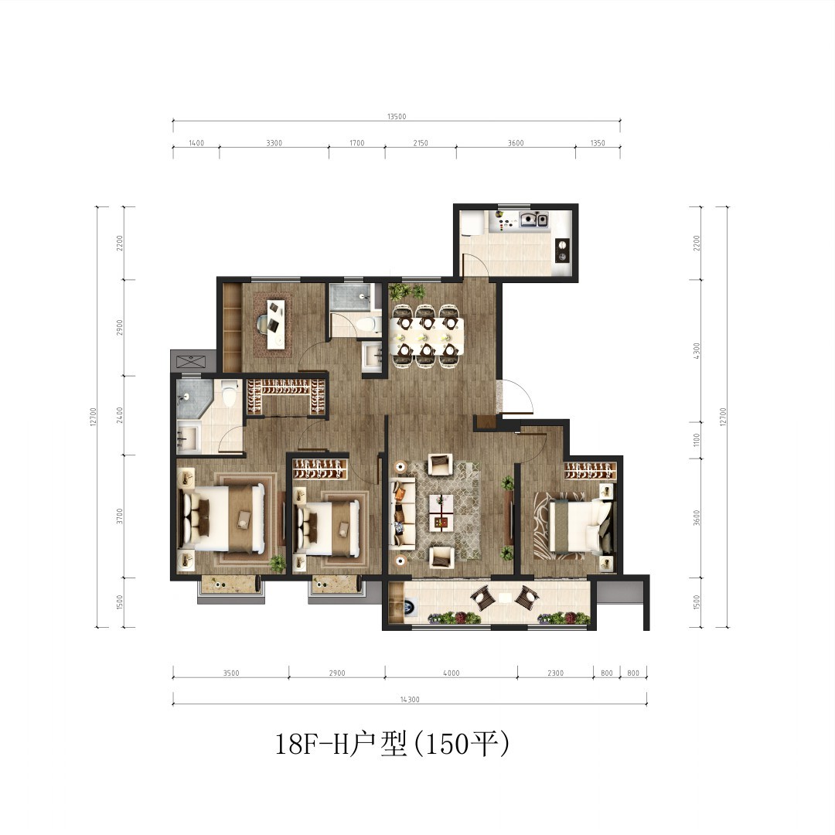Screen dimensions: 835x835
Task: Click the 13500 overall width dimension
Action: point(397,117)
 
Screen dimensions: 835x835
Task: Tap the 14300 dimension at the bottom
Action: point(410,699)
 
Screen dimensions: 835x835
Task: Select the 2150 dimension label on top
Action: point(420,143)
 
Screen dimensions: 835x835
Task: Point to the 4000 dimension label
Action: point(451,673)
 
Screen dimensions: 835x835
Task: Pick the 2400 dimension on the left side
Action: point(120,415)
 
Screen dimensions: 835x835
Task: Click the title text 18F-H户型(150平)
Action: point(392,744)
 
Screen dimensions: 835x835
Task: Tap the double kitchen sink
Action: point(534,219)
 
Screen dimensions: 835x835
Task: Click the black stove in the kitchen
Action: point(562,250)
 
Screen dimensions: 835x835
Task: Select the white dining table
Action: point(427,336)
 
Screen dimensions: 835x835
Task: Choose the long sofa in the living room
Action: point(402,513)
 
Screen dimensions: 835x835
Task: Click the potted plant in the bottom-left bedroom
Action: point(277,563)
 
